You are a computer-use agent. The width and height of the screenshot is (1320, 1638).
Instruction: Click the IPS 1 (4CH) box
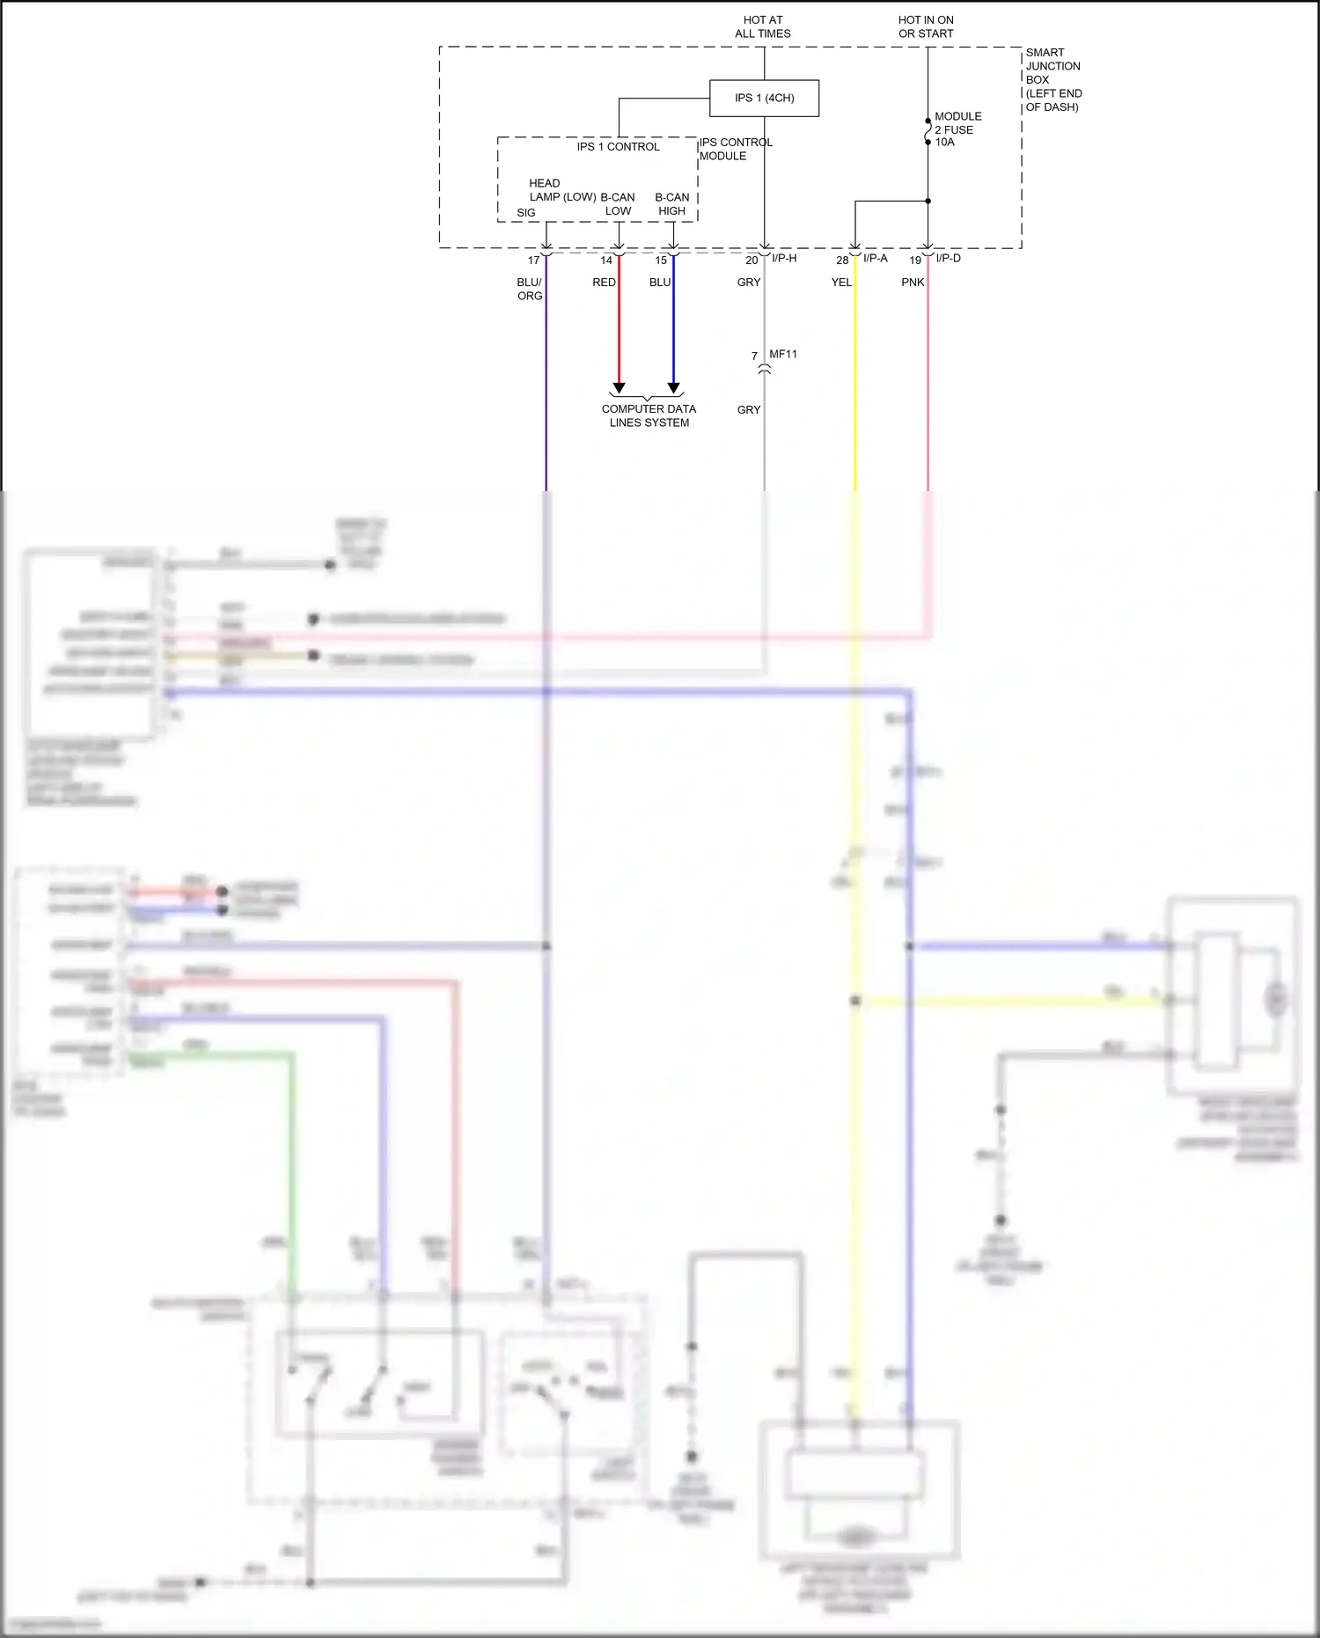[764, 98]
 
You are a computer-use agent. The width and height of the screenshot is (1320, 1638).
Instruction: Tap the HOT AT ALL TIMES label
[763, 26]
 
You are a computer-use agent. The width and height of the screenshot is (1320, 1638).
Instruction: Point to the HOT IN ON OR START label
[926, 26]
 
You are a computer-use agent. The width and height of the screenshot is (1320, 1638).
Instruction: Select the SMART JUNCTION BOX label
[1053, 79]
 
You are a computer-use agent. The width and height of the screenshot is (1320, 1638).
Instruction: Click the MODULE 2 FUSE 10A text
[957, 129]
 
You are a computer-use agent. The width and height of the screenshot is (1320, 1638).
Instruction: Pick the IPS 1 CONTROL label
[618, 147]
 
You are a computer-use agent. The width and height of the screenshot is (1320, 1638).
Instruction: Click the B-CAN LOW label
[618, 204]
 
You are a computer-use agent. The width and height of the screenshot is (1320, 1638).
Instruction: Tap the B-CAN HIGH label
[672, 204]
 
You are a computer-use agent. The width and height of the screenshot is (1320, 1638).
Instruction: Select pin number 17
[533, 261]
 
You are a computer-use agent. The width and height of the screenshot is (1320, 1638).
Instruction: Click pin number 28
[842, 261]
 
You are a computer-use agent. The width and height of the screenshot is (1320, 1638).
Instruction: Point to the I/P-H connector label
[784, 259]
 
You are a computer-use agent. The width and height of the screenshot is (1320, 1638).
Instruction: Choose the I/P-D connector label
[948, 259]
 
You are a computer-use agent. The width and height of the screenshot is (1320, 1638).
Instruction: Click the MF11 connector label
[783, 354]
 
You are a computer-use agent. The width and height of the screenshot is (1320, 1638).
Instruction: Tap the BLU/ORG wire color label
[530, 289]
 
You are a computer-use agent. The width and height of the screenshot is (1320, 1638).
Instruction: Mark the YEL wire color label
[841, 283]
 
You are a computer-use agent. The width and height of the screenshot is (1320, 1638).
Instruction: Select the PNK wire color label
[913, 283]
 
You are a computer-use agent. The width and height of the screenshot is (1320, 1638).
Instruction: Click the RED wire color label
[604, 283]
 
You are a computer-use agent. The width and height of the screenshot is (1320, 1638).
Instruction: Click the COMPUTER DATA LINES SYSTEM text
[649, 415]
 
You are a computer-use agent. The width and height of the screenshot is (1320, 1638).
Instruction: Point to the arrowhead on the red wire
[619, 388]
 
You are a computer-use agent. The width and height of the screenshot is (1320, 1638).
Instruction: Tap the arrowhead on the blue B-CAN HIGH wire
[673, 388]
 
